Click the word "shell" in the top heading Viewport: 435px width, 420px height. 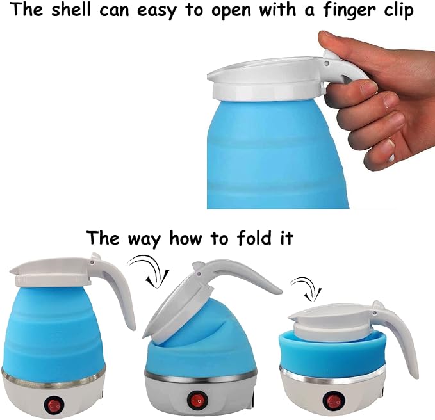coord(71,10)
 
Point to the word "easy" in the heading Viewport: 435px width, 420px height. coord(156,12)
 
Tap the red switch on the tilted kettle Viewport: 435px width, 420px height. coord(198,400)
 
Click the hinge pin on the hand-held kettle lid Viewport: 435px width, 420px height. coord(327,63)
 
